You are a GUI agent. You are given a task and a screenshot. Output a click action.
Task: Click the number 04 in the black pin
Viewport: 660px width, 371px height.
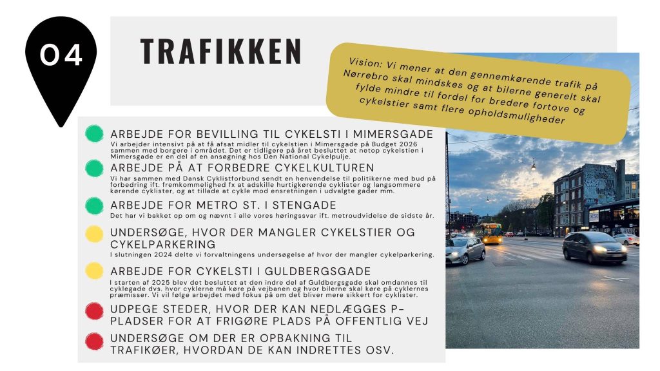[x=61, y=56]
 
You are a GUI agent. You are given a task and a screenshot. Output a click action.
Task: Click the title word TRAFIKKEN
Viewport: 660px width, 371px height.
[x=220, y=52]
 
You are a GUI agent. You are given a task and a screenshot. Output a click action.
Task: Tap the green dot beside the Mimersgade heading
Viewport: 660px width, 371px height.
[x=94, y=134]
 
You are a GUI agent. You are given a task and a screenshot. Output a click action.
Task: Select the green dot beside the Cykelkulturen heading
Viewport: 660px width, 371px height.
[x=94, y=168]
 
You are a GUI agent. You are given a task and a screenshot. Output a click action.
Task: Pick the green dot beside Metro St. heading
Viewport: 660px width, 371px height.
[x=94, y=205]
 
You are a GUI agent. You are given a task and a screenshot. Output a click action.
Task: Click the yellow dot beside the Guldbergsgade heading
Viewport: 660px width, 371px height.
[x=94, y=271]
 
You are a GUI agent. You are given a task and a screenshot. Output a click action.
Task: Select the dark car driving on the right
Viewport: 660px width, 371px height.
[x=594, y=248]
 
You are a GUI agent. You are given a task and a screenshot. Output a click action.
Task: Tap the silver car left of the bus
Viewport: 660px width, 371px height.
[x=464, y=249]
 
